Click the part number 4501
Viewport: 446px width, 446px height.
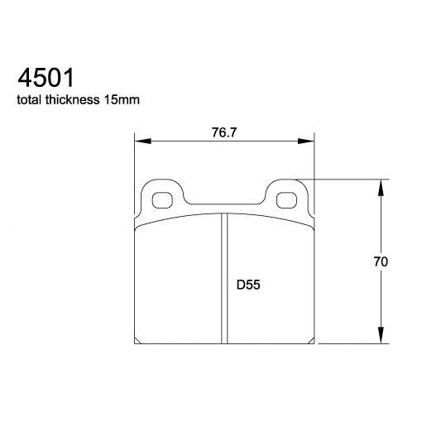(x=46, y=79)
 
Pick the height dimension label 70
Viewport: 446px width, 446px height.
(x=381, y=261)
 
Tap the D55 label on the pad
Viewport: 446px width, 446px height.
(x=250, y=285)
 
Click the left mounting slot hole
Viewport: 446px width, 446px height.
(x=161, y=199)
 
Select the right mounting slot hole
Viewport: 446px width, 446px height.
(x=287, y=199)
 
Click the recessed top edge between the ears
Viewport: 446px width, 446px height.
(x=224, y=206)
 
